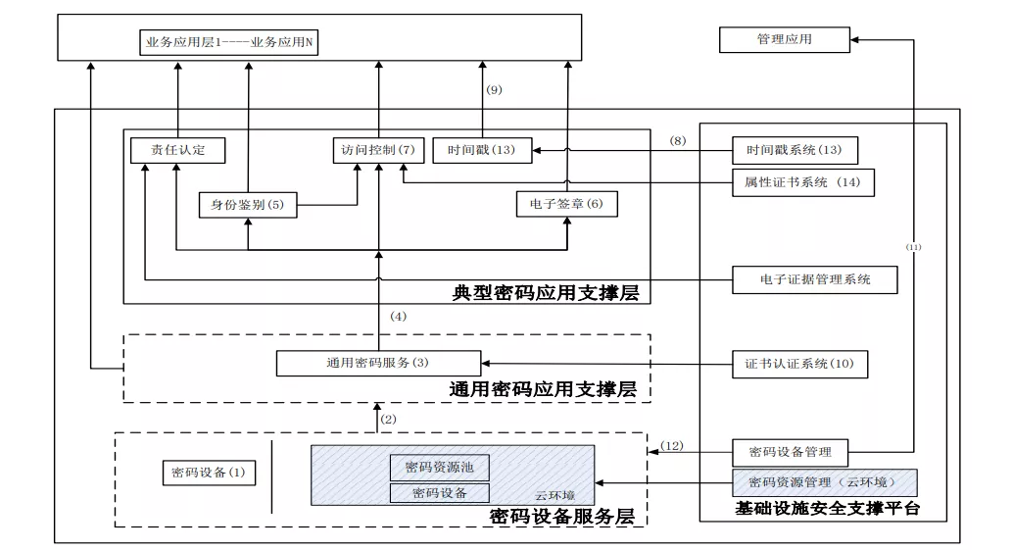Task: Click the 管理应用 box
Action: (x=784, y=39)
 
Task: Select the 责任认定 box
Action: (x=177, y=150)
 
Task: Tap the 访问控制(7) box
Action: (x=378, y=150)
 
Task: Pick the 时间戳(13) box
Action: (x=482, y=150)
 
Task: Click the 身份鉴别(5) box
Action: (x=248, y=205)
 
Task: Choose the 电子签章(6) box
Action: (x=566, y=204)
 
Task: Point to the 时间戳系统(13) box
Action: (x=795, y=150)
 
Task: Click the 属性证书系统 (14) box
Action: (x=803, y=182)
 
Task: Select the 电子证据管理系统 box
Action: (x=814, y=279)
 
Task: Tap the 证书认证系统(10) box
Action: (x=799, y=364)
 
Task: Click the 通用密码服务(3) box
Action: (x=378, y=363)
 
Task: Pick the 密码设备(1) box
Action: (x=209, y=473)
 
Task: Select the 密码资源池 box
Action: (x=440, y=468)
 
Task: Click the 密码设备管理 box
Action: (x=790, y=453)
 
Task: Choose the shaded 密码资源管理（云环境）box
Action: (x=824, y=482)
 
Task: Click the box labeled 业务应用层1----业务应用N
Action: (x=229, y=42)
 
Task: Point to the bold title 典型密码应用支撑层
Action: (x=546, y=293)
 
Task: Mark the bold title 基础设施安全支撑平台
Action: (x=827, y=509)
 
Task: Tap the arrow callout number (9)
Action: (x=494, y=90)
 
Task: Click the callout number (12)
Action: (x=672, y=446)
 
